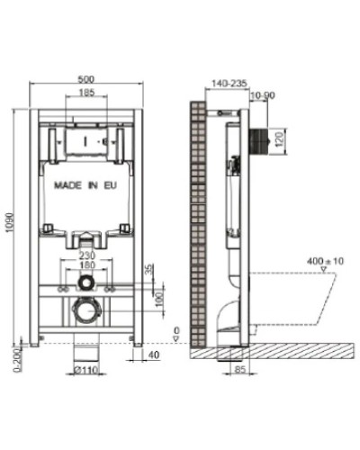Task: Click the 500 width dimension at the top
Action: coord(87,78)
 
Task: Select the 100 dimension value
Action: coord(159,296)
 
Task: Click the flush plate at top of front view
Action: coord(85,141)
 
